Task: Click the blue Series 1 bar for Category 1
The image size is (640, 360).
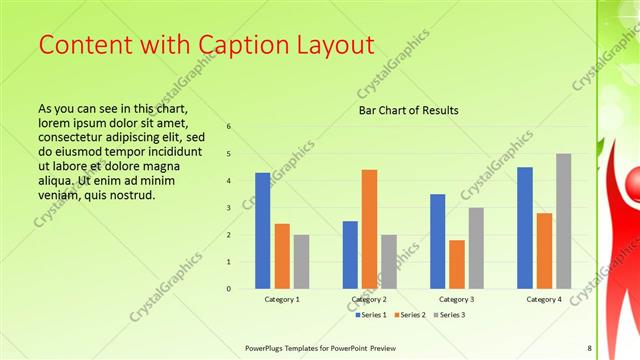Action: click(262, 230)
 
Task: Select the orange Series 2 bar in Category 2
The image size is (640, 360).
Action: click(369, 228)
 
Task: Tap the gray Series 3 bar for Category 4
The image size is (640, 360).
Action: click(564, 220)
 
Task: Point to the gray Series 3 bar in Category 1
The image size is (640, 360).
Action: click(301, 261)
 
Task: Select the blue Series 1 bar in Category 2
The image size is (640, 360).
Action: click(350, 254)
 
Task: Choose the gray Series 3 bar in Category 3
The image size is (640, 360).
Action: click(476, 247)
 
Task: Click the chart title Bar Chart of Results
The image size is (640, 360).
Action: click(408, 110)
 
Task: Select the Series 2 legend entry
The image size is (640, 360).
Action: click(409, 315)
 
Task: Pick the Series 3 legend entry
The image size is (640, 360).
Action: click(448, 315)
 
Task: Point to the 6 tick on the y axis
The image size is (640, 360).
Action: click(229, 127)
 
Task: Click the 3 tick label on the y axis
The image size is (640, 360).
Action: click(229, 208)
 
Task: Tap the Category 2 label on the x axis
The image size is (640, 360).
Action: click(369, 299)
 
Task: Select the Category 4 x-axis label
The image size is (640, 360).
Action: click(544, 299)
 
